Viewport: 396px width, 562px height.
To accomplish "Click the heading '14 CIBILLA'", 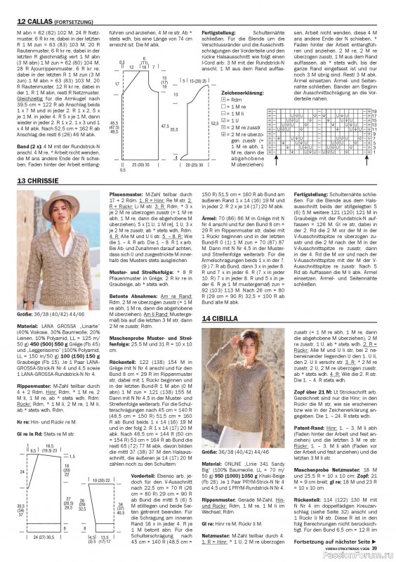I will (222, 318).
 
